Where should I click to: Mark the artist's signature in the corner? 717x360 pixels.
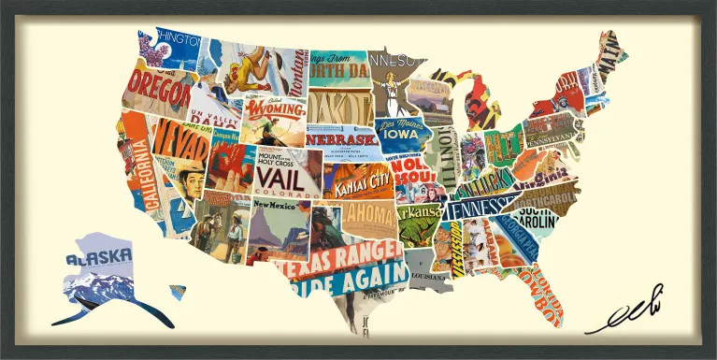pos(626,315)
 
